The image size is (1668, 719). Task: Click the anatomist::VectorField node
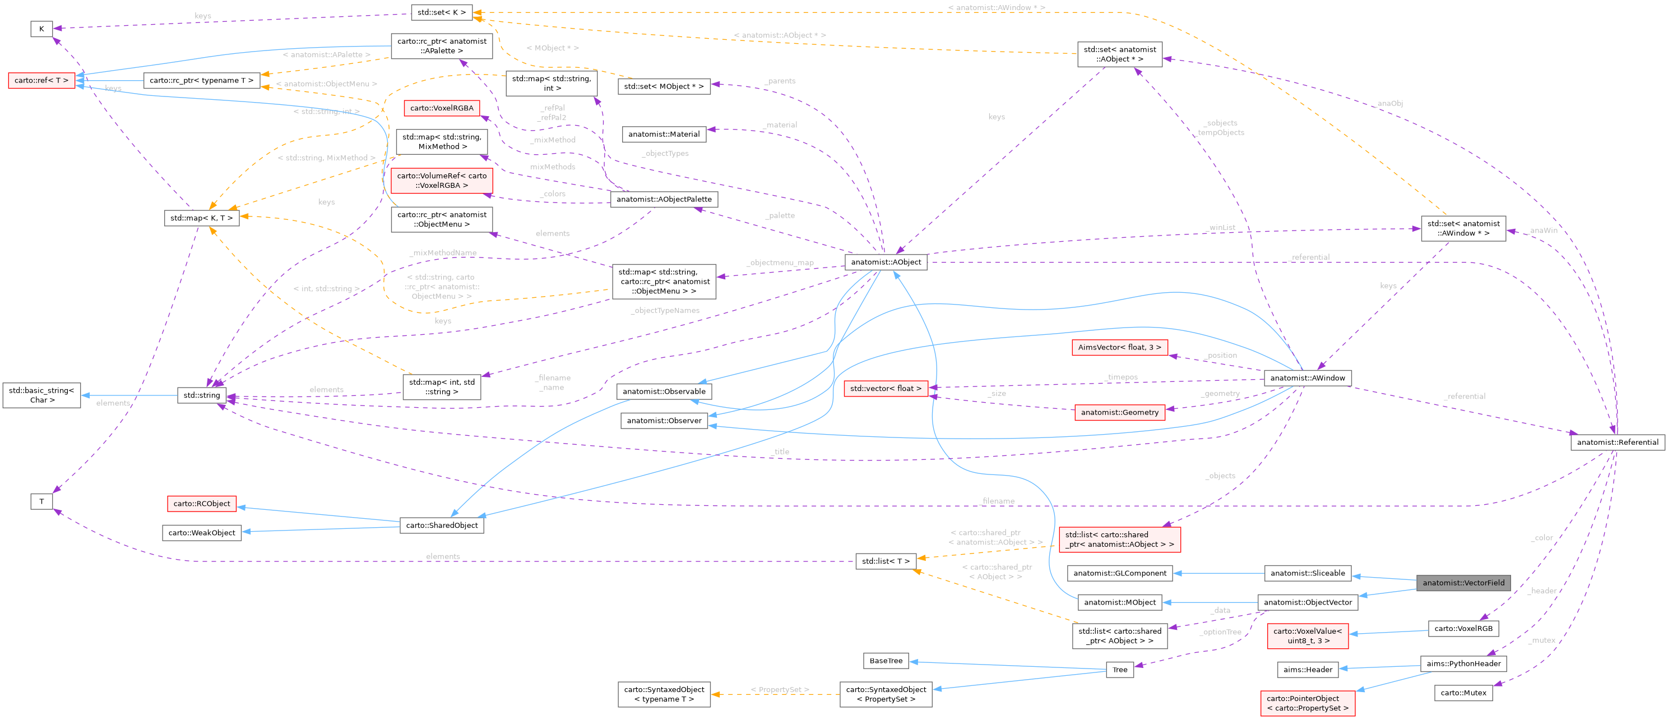point(1463,582)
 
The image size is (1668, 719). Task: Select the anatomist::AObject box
point(885,262)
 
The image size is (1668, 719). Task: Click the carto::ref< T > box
point(41,80)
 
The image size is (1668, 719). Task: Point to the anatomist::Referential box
point(1617,442)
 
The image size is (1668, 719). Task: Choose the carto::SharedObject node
point(442,525)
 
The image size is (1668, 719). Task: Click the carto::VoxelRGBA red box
point(442,108)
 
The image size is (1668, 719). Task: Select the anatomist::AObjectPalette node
point(664,199)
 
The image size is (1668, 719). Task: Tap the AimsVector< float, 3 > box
point(1119,347)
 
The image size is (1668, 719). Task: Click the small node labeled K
point(41,29)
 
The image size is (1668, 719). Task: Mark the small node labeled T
point(41,501)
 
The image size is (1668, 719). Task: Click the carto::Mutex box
point(1463,693)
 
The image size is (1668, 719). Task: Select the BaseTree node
point(885,660)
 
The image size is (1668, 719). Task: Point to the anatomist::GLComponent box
point(1119,573)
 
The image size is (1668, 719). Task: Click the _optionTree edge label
point(1220,632)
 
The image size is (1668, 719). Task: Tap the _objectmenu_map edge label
point(780,262)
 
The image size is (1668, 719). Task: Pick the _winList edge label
point(1221,227)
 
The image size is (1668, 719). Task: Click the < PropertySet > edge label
point(780,689)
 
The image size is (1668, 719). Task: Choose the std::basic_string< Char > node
point(41,395)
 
